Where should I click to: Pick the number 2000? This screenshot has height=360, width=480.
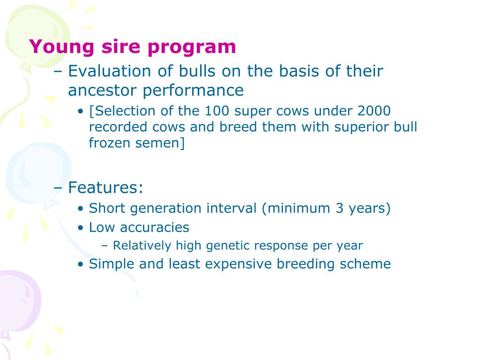[373, 111]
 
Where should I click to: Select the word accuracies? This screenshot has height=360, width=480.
[154, 228]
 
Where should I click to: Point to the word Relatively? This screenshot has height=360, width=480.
[142, 245]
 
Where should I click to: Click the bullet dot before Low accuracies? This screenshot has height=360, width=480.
[81, 228]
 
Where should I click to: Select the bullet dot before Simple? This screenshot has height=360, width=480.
[81, 264]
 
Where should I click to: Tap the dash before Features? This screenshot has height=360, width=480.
[58, 188]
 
